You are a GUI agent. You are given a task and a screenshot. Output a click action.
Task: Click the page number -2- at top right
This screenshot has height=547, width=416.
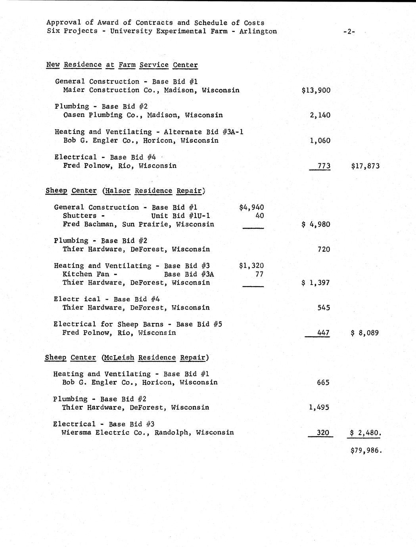(349, 32)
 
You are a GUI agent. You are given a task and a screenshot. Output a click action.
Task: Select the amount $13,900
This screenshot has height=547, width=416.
(316, 90)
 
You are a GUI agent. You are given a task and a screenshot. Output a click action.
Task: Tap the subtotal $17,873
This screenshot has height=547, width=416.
(365, 166)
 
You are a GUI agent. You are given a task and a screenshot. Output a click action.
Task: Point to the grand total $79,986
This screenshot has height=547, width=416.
(366, 451)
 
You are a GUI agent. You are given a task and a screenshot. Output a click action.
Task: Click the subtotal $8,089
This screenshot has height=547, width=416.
(365, 333)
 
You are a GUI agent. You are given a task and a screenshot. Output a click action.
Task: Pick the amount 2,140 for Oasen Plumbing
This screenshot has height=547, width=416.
(320, 115)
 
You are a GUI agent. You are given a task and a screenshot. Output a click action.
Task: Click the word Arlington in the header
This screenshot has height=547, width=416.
(258, 31)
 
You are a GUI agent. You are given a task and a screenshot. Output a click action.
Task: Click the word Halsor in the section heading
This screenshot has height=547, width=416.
(118, 191)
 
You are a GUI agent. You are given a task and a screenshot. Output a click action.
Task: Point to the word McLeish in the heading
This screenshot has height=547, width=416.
(119, 358)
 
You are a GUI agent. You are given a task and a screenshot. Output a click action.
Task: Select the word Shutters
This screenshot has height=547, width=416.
(79, 216)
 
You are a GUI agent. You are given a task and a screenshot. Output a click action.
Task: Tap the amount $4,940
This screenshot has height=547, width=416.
(251, 207)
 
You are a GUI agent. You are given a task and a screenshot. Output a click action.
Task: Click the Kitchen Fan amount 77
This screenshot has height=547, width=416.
(259, 274)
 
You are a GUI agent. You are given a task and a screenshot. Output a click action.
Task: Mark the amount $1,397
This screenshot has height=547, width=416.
(316, 283)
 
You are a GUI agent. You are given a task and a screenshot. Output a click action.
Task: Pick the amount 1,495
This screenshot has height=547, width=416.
(319, 407)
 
